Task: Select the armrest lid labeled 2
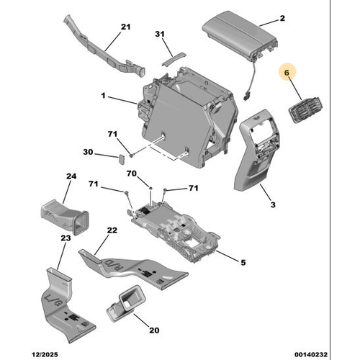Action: coord(238,34)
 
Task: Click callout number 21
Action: coord(126,27)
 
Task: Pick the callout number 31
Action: coord(160,34)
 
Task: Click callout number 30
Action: coord(88,152)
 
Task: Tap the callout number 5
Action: coord(242,262)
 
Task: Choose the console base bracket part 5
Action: coord(176,230)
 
